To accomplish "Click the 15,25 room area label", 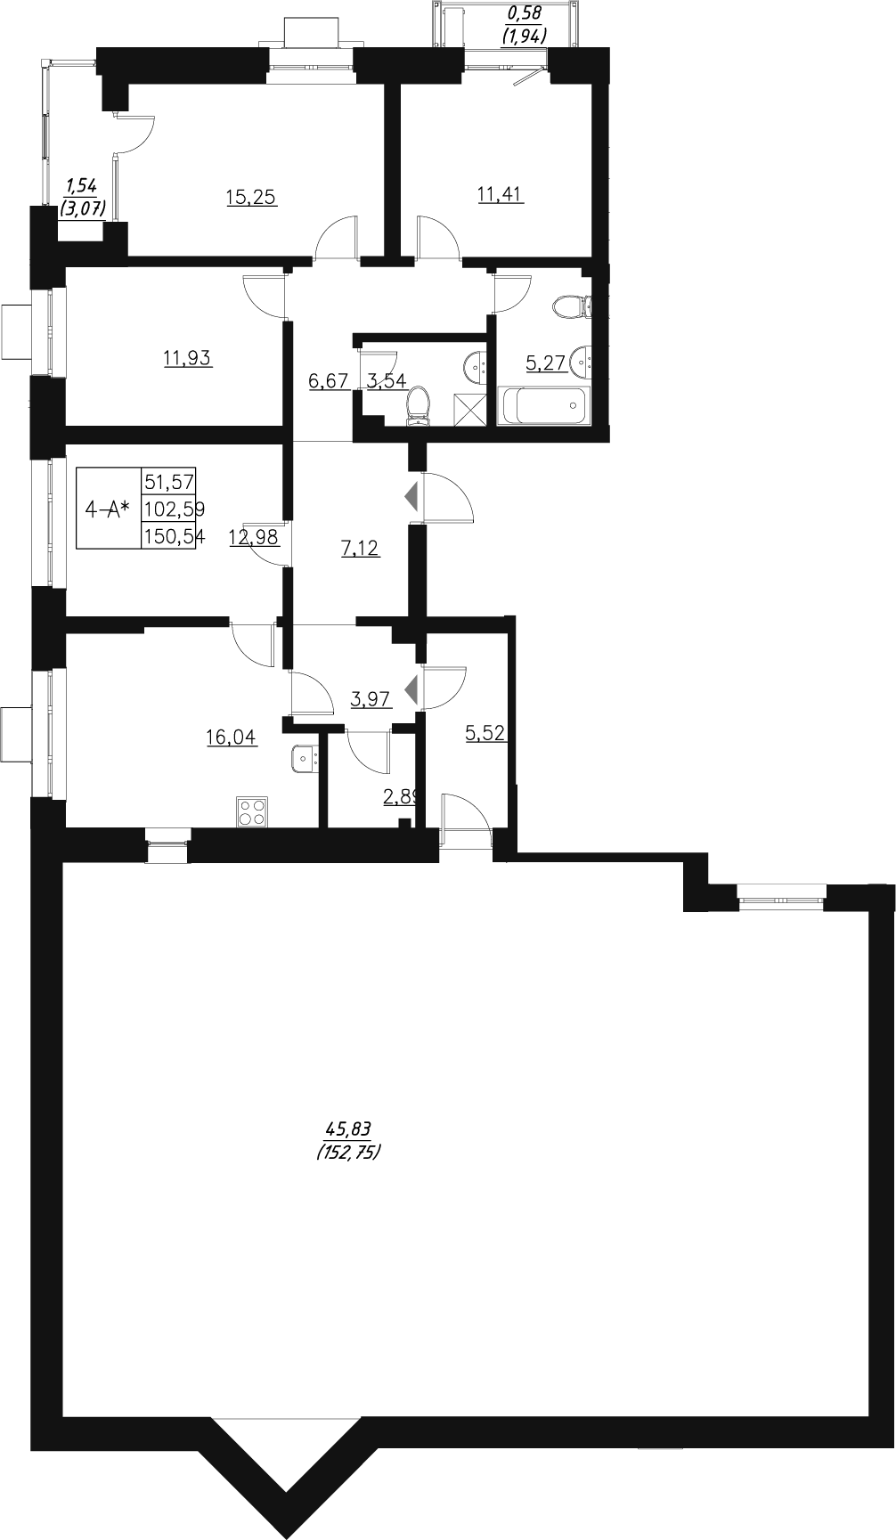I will [x=252, y=198].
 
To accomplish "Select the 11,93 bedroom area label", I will [x=188, y=359].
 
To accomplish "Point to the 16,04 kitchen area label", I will [x=232, y=737].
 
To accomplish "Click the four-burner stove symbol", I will [x=253, y=811].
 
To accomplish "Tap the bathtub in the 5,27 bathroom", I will [x=542, y=406].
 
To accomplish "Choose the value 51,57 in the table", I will [x=169, y=482].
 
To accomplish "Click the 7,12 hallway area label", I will [x=361, y=549].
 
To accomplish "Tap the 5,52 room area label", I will [x=486, y=733].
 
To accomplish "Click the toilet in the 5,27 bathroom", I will [x=569, y=308].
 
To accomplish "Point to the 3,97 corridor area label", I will [x=371, y=699].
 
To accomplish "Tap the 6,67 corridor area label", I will [x=328, y=381].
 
